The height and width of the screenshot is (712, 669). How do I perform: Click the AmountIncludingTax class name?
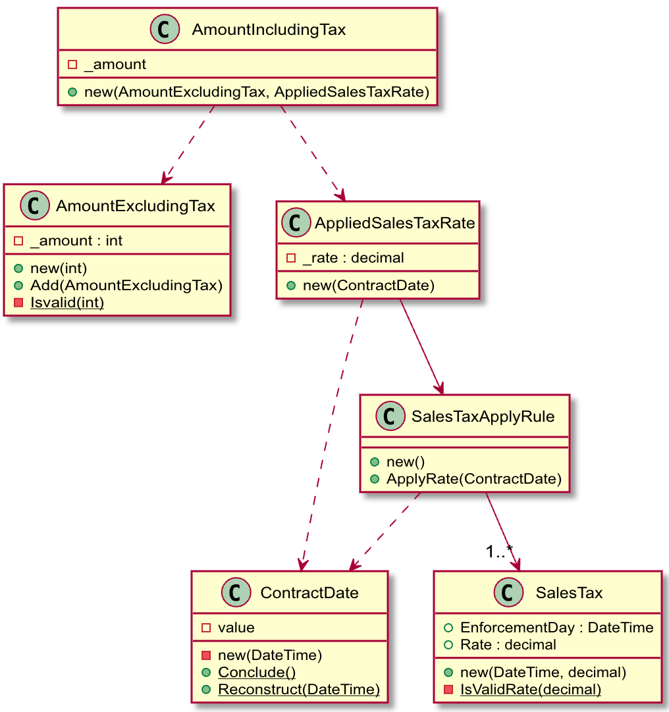pyautogui.click(x=269, y=30)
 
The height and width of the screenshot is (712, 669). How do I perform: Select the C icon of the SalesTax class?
pyautogui.click(x=508, y=593)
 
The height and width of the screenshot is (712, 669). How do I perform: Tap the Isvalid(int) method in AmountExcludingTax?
pyautogui.click(x=67, y=302)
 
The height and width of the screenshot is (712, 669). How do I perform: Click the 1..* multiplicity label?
pyautogui.click(x=499, y=551)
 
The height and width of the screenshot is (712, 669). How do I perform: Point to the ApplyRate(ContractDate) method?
pyautogui.click(x=473, y=478)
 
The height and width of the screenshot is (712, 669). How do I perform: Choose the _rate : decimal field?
pyautogui.click(x=353, y=257)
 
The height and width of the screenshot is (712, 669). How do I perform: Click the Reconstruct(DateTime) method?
pyautogui.click(x=299, y=689)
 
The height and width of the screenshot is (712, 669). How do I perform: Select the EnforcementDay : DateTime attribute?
pyautogui.click(x=556, y=627)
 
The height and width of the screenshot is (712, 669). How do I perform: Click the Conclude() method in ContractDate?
pyautogui.click(x=257, y=672)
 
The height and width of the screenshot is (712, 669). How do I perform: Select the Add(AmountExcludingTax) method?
pyautogui.click(x=126, y=285)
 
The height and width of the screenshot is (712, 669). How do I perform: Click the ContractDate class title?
pyautogui.click(x=309, y=593)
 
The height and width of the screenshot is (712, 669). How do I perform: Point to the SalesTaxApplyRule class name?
pyautogui.click(x=483, y=417)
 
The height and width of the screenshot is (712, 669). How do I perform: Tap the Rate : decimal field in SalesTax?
pyautogui.click(x=508, y=644)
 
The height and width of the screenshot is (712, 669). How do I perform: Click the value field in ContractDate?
pyautogui.click(x=236, y=627)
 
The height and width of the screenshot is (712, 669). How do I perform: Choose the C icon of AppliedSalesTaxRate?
pyautogui.click(x=296, y=223)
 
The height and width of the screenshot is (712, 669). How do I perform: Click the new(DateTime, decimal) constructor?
pyautogui.click(x=543, y=672)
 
